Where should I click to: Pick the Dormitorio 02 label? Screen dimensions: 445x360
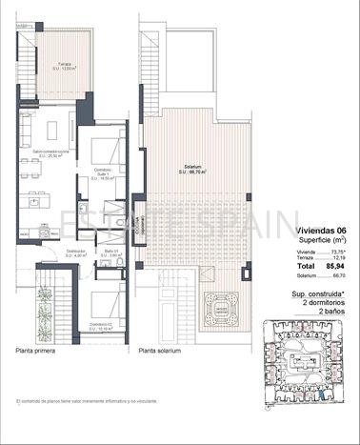click(99, 326)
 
